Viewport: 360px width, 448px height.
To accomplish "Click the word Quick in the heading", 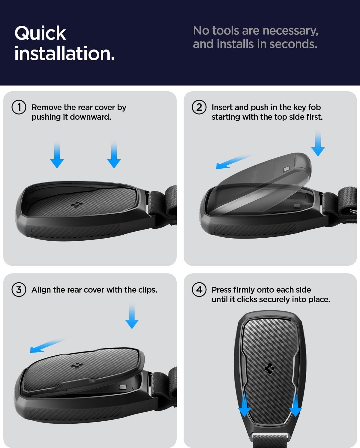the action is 40,33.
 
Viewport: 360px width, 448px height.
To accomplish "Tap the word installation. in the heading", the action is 64,53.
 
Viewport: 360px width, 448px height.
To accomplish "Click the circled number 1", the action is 19,107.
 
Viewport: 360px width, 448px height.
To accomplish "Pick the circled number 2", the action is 199,107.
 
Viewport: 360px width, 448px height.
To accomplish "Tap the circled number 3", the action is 19,290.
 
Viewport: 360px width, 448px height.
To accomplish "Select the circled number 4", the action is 199,290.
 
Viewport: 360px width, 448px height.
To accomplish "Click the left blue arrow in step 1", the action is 57,155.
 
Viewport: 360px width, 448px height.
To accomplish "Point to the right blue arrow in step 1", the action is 114,155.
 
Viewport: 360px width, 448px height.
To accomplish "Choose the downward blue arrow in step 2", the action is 318,143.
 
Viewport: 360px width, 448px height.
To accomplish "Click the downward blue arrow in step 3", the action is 132,316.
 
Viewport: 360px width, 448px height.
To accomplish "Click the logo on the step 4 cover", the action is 270,369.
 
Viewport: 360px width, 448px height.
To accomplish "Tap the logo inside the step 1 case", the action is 77,205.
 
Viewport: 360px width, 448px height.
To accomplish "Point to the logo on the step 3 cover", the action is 77,365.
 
